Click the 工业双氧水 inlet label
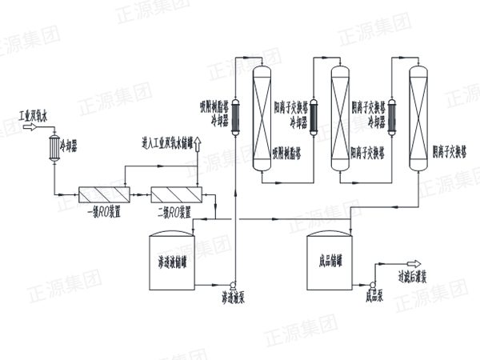(x=34, y=116)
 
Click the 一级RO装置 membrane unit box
(x=106, y=194)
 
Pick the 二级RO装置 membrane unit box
(x=175, y=194)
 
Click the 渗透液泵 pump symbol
(x=231, y=285)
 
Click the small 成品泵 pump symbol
(x=373, y=283)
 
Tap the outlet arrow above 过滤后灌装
(x=414, y=264)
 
